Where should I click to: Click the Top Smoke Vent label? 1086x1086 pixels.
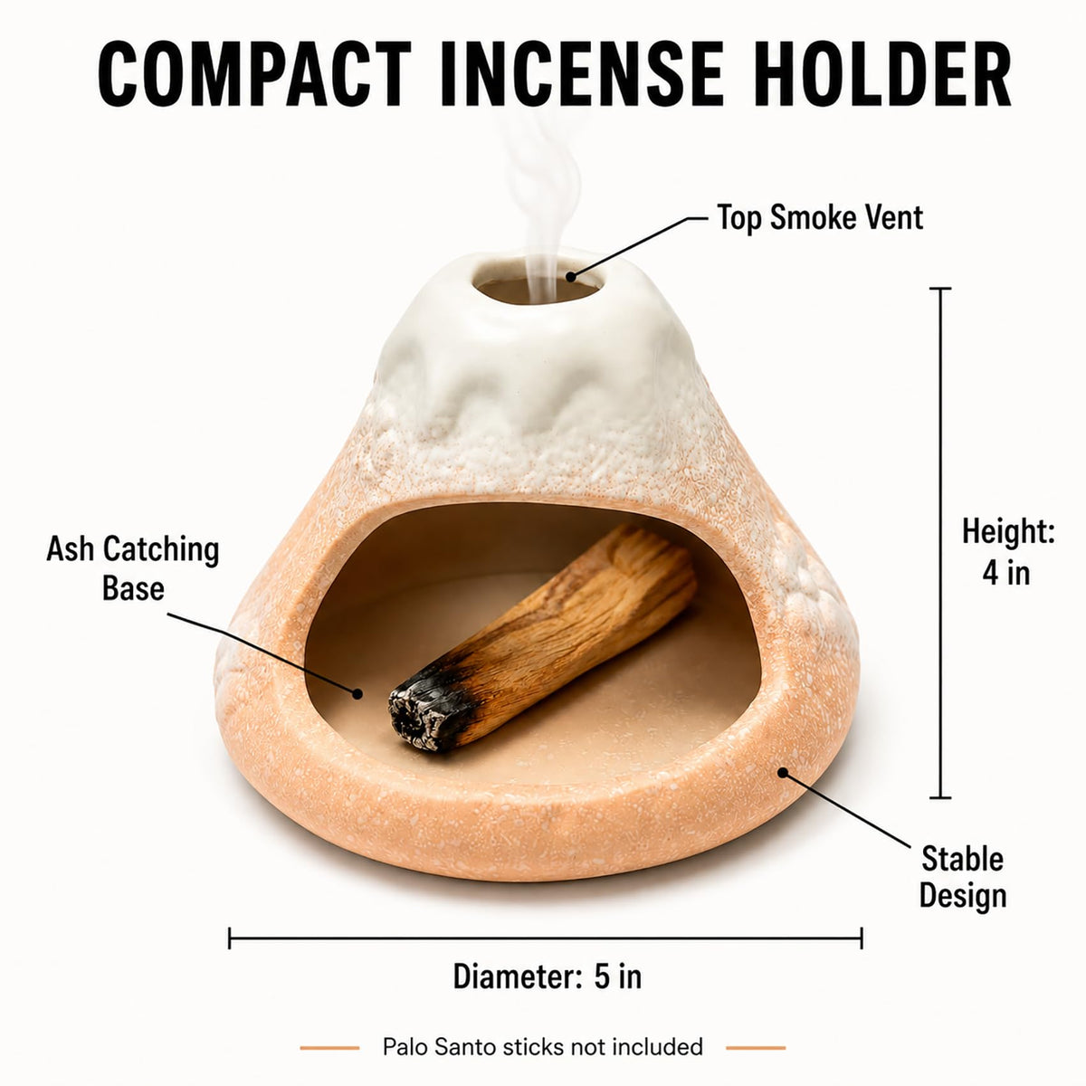coord(819,217)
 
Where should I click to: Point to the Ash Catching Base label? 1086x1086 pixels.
coord(133,568)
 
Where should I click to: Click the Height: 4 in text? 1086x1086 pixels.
coord(1007,552)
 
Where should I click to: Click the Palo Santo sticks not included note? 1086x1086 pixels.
coord(543,1047)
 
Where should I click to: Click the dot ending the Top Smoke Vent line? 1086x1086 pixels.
coord(571,277)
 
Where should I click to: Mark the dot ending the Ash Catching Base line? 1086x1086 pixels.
coord(357,693)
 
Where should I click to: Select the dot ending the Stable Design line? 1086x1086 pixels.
coord(783,773)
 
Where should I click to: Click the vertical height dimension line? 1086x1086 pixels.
coord(940,543)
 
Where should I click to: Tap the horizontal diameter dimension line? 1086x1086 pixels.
coord(545,938)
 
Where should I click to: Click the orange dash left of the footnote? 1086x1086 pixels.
coord(329,1048)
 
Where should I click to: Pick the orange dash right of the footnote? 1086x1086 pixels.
coord(756,1048)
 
